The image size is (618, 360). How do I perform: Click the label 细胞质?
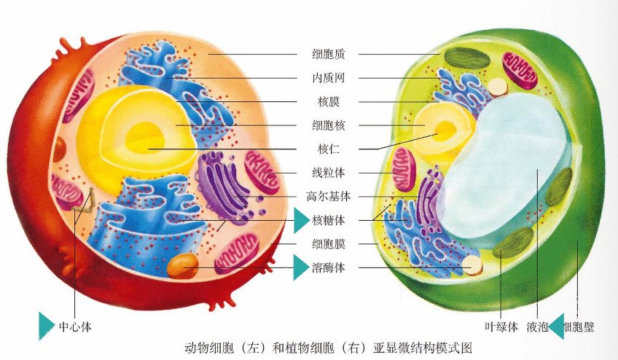coord(328,54)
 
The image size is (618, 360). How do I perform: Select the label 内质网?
coord(328,78)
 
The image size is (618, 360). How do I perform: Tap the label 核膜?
coord(328,102)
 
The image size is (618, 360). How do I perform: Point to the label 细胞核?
coord(328,125)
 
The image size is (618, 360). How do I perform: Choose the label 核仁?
coord(328,149)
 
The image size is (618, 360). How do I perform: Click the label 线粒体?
coord(328,173)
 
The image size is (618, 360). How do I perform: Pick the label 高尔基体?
coord(328,196)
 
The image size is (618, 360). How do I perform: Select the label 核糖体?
coord(328,220)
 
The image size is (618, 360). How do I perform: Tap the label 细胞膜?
coord(328,244)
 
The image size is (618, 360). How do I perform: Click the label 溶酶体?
coord(328,268)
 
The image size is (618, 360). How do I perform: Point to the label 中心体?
coord(75,327)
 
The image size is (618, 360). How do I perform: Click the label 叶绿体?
coord(501,327)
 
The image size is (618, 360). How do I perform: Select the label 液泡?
coord(537,327)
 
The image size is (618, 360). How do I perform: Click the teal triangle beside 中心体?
coord(46,326)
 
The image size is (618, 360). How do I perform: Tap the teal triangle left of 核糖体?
coord(300,220)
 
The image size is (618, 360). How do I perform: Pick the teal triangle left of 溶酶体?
coord(300,267)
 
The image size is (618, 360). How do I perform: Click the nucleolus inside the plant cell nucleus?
coord(445,131)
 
